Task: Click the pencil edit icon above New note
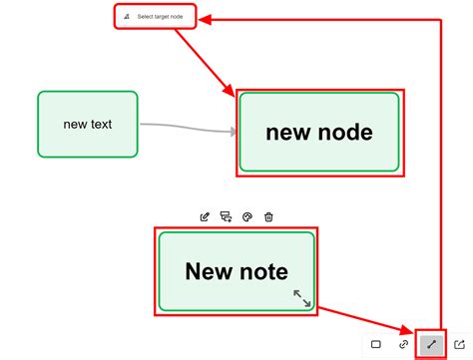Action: (x=205, y=216)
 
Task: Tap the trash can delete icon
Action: (x=268, y=216)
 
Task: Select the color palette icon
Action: (x=247, y=216)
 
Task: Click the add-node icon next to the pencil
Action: (x=226, y=216)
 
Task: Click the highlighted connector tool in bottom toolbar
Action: (x=432, y=344)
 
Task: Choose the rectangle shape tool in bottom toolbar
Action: (x=376, y=344)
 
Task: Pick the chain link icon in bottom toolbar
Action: (x=404, y=344)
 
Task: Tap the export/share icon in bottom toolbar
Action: (x=460, y=344)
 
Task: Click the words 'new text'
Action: (x=88, y=125)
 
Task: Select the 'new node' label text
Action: (x=319, y=132)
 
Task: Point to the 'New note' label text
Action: (x=236, y=270)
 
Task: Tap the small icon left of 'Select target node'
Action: (x=127, y=17)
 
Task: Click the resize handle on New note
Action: (x=301, y=298)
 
